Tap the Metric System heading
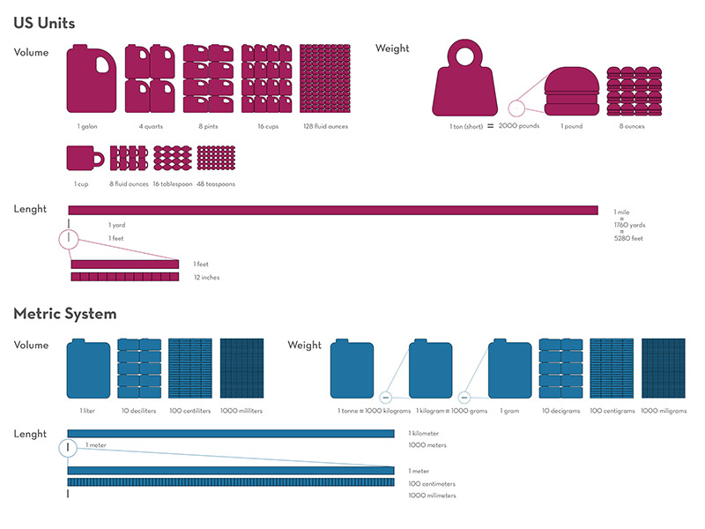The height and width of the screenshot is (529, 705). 65,313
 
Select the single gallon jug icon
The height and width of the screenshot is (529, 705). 92,78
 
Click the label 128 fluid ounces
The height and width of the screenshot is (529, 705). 324,127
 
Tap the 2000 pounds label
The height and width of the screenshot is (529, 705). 518,126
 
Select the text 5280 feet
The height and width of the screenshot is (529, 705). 628,238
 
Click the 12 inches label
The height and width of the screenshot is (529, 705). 206,277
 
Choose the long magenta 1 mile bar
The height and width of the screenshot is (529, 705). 333,210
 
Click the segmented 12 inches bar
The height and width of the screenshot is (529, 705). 125,277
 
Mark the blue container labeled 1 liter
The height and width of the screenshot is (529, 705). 88,371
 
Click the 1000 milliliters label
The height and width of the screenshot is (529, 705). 241,411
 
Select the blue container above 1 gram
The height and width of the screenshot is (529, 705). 509,371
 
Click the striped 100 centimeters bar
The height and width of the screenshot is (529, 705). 231,482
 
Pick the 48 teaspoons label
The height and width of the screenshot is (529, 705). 215,184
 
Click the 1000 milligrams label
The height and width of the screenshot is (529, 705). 664,411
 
